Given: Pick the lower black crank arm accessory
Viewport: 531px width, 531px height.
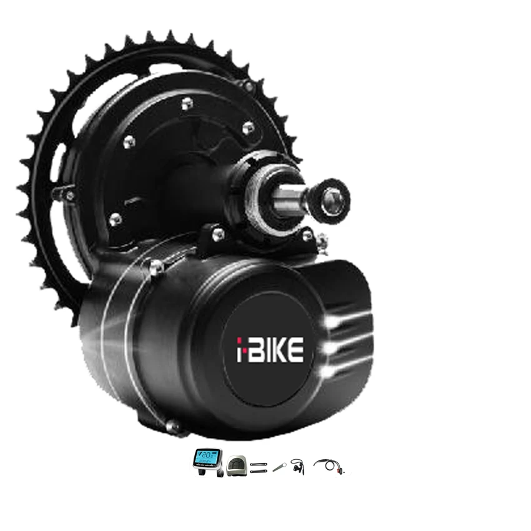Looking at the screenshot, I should pyautogui.click(x=258, y=472).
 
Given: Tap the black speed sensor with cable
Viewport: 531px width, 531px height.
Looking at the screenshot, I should pyautogui.click(x=297, y=465).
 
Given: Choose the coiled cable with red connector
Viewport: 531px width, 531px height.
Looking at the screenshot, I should pyautogui.click(x=329, y=465).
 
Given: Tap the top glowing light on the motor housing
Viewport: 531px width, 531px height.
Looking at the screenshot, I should pyautogui.click(x=329, y=320).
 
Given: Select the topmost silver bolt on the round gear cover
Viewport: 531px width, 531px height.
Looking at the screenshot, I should pyautogui.click(x=186, y=103).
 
